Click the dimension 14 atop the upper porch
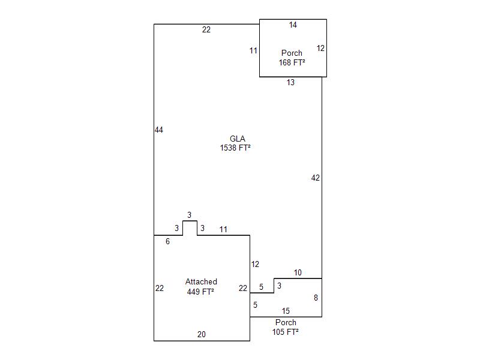(x=293, y=25)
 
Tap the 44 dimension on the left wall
(x=159, y=130)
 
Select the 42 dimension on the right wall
(x=316, y=178)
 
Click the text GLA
(x=238, y=139)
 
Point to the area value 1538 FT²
(x=235, y=148)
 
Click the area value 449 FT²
(x=201, y=292)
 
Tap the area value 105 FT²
(x=286, y=331)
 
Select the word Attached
(x=201, y=282)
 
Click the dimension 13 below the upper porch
(x=290, y=83)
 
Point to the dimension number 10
(x=298, y=273)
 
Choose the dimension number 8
(x=316, y=298)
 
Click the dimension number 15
(x=286, y=311)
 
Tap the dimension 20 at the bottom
(x=202, y=335)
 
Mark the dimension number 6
(x=167, y=241)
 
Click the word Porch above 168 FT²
(x=292, y=53)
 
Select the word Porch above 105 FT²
(x=286, y=322)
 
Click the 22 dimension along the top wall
(x=206, y=30)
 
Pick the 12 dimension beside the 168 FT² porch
(x=321, y=49)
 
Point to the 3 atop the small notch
(x=189, y=215)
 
